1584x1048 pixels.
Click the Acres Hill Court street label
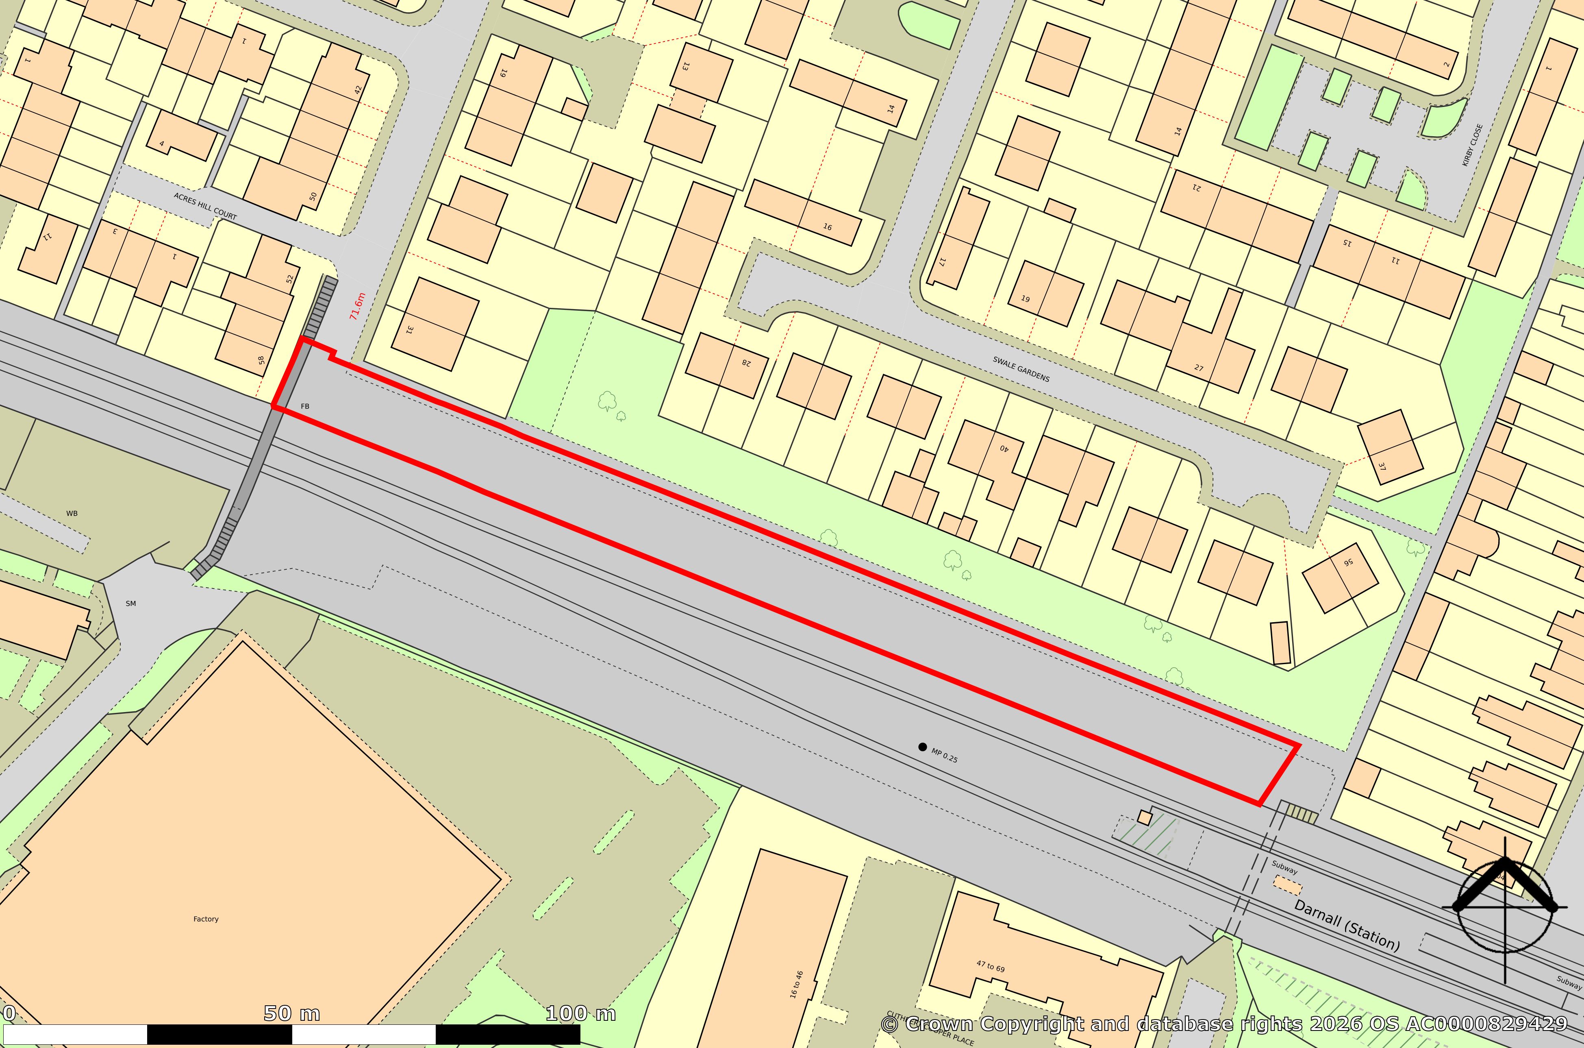(x=205, y=206)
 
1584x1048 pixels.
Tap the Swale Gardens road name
(x=1021, y=369)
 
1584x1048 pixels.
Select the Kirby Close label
(x=1472, y=145)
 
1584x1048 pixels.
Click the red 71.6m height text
(x=357, y=306)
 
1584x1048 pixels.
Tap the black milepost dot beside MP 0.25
(x=923, y=747)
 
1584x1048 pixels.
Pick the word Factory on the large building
(x=206, y=919)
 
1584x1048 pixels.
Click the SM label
(x=131, y=604)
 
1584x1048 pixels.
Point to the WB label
(x=72, y=513)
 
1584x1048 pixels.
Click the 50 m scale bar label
(x=291, y=1013)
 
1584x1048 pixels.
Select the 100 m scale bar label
(x=580, y=1013)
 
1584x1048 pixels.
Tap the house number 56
(x=1348, y=562)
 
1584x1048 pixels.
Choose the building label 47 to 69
(x=991, y=966)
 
